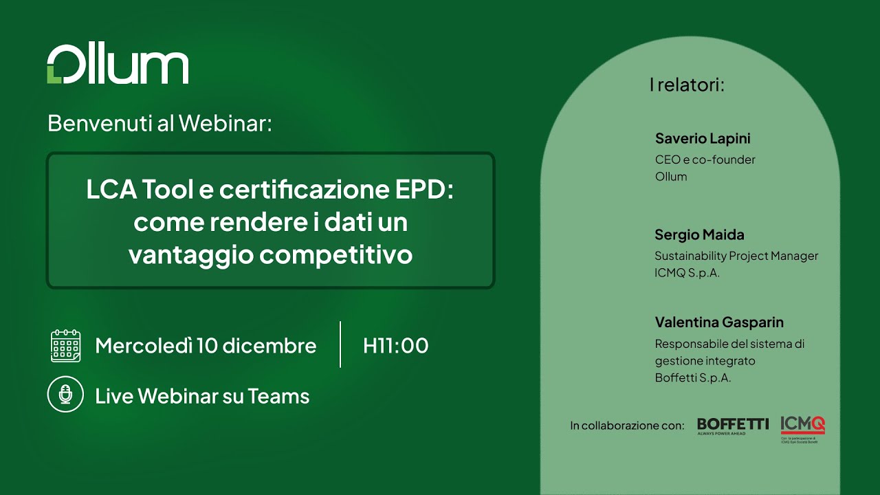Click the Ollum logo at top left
pos(118,66)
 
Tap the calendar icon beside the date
pos(66,345)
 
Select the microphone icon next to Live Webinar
pos(66,395)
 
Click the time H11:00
pos(395,345)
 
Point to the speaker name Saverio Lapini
pos(703,138)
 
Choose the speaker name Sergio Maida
pos(699,234)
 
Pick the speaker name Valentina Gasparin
pos(719,322)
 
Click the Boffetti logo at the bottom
pos(733,426)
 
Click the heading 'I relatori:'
pos(687,85)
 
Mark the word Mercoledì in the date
pos(143,345)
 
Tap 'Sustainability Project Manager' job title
pos(736,256)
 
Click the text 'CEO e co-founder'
pos(705,159)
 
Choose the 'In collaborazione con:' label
pos(627,426)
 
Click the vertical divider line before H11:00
pos(340,344)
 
